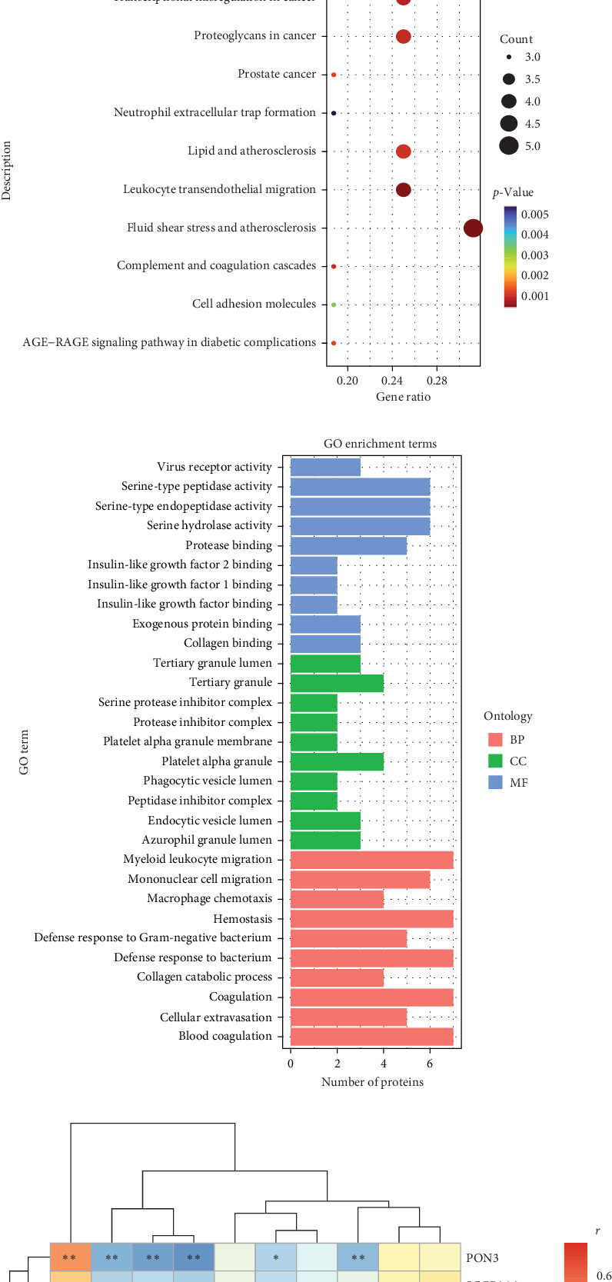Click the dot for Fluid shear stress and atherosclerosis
(x=474, y=228)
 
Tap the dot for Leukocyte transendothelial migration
(x=403, y=189)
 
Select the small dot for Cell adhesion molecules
(x=334, y=305)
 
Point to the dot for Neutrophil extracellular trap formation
(x=334, y=113)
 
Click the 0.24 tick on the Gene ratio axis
(x=392, y=380)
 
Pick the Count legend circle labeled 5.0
(x=509, y=145)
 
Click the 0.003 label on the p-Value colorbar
(x=534, y=255)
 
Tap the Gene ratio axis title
(x=403, y=397)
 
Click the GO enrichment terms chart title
(x=380, y=444)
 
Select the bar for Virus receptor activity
(x=325, y=467)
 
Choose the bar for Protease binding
(x=348, y=545)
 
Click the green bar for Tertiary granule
(x=337, y=682)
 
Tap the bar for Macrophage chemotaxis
(x=337, y=898)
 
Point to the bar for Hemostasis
(x=371, y=918)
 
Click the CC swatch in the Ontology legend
(x=495, y=761)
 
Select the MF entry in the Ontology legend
(x=517, y=782)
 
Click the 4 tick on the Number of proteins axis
(x=384, y=1064)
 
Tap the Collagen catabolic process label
(x=205, y=977)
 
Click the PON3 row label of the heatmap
(x=482, y=1258)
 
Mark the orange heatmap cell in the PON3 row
(x=70, y=1258)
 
